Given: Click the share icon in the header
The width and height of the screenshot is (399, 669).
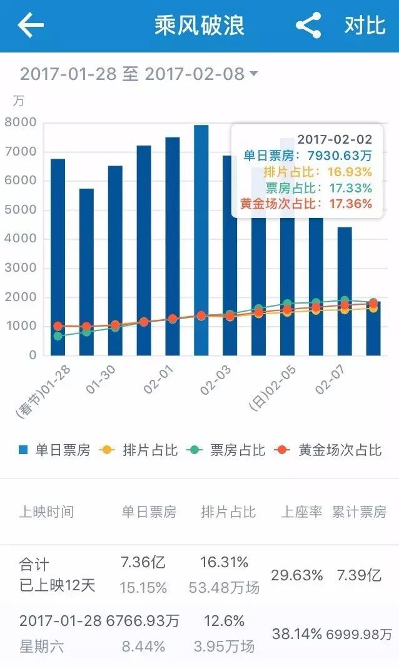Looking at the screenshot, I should (x=308, y=26).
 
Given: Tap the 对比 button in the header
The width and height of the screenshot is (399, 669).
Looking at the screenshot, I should (x=365, y=26).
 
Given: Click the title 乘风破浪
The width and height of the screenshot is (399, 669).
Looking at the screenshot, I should (x=199, y=26).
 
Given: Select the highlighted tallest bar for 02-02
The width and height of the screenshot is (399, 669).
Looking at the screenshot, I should (x=201, y=240).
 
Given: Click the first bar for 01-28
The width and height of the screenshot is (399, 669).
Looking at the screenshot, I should (x=58, y=256).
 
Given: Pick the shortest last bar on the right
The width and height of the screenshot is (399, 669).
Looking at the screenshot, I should (x=373, y=328).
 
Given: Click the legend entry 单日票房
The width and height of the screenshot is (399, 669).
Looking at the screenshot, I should (x=55, y=450).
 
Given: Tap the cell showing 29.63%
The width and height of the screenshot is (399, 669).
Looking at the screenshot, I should (x=296, y=575).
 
